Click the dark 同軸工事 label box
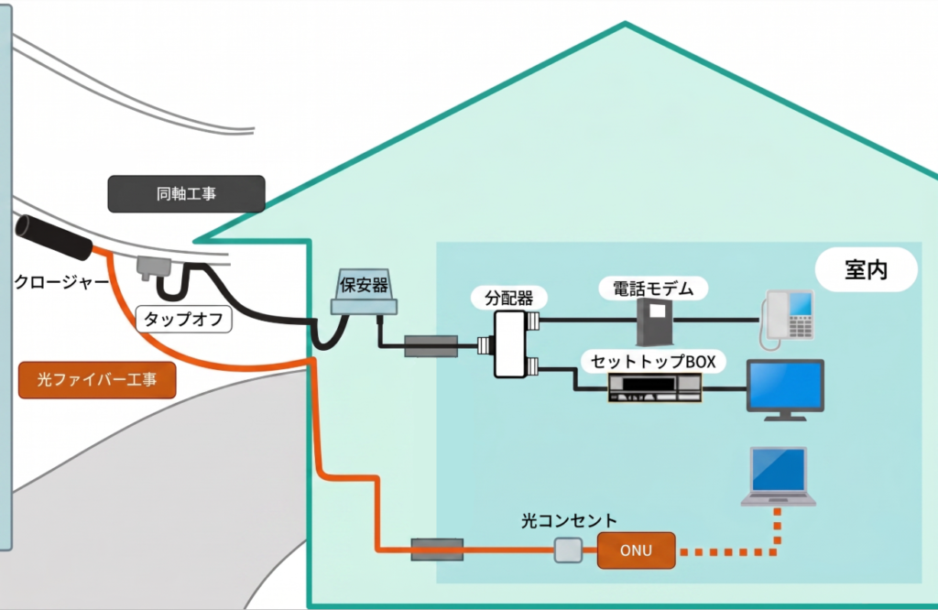187,194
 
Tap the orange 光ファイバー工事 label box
97,379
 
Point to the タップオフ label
184,320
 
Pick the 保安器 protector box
365,292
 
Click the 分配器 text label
503,297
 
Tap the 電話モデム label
647,289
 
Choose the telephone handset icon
786,318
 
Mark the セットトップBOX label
654,361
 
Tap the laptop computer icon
779,477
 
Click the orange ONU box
637,550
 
